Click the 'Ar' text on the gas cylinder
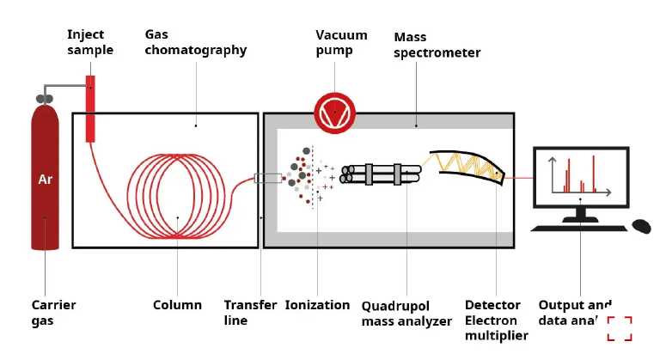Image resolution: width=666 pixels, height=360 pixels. (x=45, y=180)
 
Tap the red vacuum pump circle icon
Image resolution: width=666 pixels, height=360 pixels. (x=334, y=113)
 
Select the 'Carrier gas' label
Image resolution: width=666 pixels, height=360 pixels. (x=53, y=313)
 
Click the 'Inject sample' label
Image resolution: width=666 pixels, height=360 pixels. (x=90, y=42)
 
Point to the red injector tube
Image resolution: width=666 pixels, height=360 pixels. (x=90, y=108)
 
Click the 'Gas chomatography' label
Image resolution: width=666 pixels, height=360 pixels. (x=195, y=42)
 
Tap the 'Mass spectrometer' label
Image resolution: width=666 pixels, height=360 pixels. (x=437, y=45)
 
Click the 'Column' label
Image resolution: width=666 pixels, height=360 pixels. (x=177, y=305)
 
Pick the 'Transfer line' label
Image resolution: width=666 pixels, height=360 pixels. (x=250, y=313)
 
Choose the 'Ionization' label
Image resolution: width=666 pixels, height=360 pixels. (x=317, y=305)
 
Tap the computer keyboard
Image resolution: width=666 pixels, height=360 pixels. (x=578, y=228)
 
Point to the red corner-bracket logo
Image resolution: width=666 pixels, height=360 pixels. (x=619, y=328)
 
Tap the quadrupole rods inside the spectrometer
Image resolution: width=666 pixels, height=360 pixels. (x=384, y=174)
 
